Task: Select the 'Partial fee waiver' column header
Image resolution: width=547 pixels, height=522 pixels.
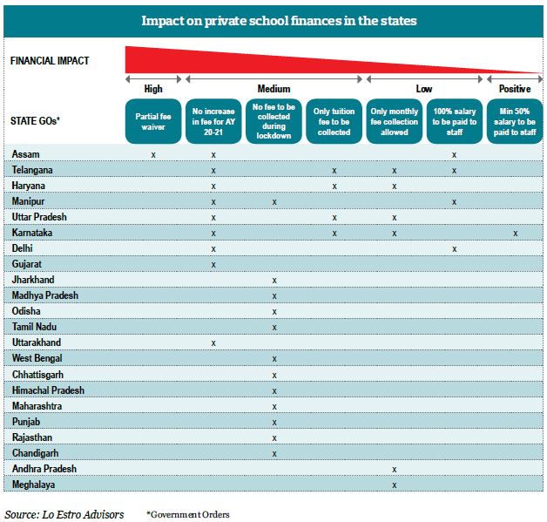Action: point(153,121)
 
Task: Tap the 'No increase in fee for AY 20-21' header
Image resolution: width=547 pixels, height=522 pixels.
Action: point(213,121)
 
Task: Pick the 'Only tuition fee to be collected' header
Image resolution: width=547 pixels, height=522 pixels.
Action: point(334,121)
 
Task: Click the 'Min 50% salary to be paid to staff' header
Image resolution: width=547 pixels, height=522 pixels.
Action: point(515,121)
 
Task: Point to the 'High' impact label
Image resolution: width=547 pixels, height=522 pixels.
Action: point(153,89)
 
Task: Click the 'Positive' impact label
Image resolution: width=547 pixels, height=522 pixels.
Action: point(515,89)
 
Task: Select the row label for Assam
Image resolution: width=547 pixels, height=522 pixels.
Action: point(25,154)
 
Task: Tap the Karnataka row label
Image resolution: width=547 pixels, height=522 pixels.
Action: point(31,233)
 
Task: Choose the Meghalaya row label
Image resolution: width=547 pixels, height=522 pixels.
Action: point(33,485)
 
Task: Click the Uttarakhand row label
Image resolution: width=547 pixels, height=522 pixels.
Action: point(37,342)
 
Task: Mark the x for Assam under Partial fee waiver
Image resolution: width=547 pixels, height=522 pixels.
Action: point(153,155)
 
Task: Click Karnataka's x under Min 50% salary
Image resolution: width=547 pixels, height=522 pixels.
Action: point(516,234)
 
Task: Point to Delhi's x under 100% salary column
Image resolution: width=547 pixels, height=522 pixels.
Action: point(454,249)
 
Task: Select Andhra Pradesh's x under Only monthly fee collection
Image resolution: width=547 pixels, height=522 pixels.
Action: point(395,470)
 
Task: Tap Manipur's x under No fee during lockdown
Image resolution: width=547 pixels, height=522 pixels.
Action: point(274,202)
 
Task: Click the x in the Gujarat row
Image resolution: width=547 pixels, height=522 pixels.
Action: point(213,265)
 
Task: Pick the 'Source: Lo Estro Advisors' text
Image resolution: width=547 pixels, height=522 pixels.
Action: point(64,515)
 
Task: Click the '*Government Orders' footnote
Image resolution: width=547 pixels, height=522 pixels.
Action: point(188,514)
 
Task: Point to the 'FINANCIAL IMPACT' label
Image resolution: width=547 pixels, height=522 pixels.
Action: point(50,61)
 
